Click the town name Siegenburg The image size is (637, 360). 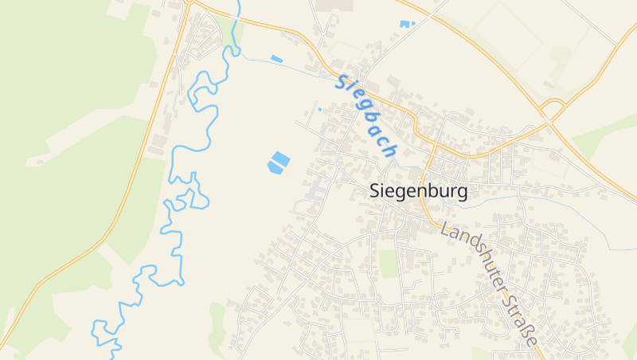tap(419, 192)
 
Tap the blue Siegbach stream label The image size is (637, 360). tap(367, 115)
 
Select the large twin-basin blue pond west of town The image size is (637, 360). tap(278, 162)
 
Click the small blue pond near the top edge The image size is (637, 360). tap(407, 24)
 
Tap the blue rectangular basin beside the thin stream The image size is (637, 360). tap(276, 59)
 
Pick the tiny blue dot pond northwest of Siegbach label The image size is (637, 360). tap(320, 109)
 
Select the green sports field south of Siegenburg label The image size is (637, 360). tap(388, 264)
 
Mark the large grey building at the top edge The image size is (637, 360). tap(334, 5)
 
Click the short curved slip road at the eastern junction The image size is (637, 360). tap(552, 103)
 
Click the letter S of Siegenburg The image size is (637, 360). tap(376, 192)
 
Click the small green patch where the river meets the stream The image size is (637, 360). tap(236, 36)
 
